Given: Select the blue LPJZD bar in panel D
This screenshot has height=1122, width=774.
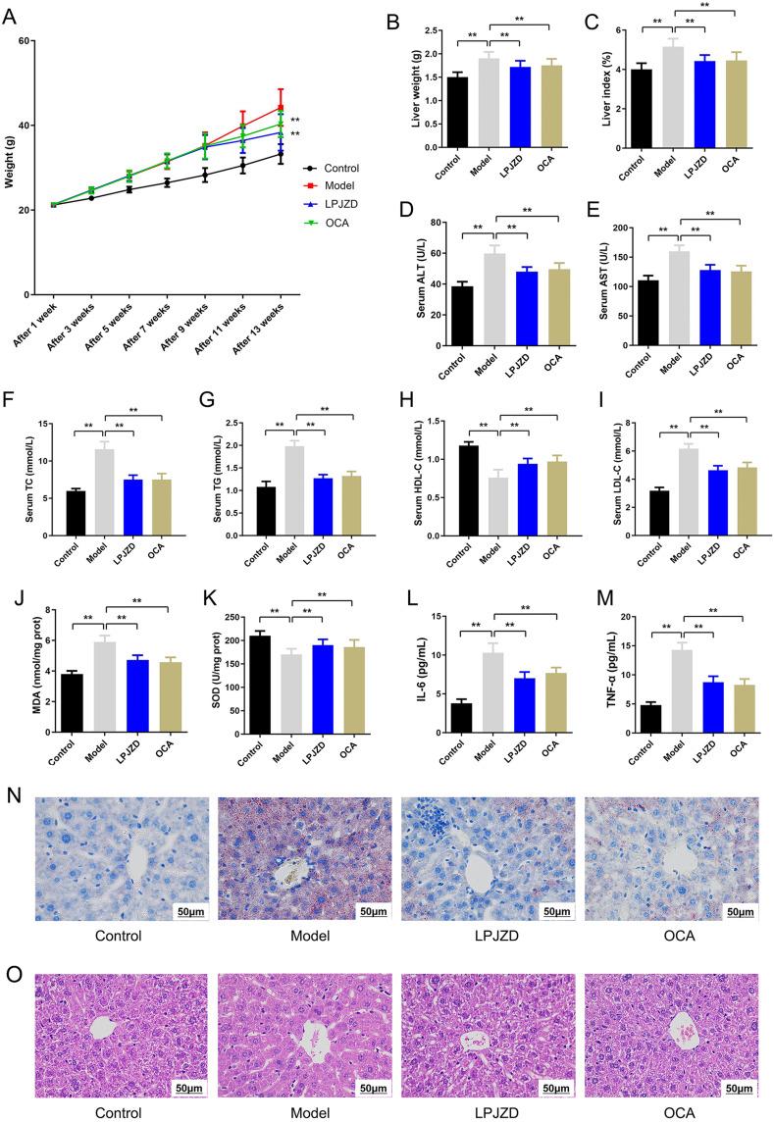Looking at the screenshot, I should [500, 305].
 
